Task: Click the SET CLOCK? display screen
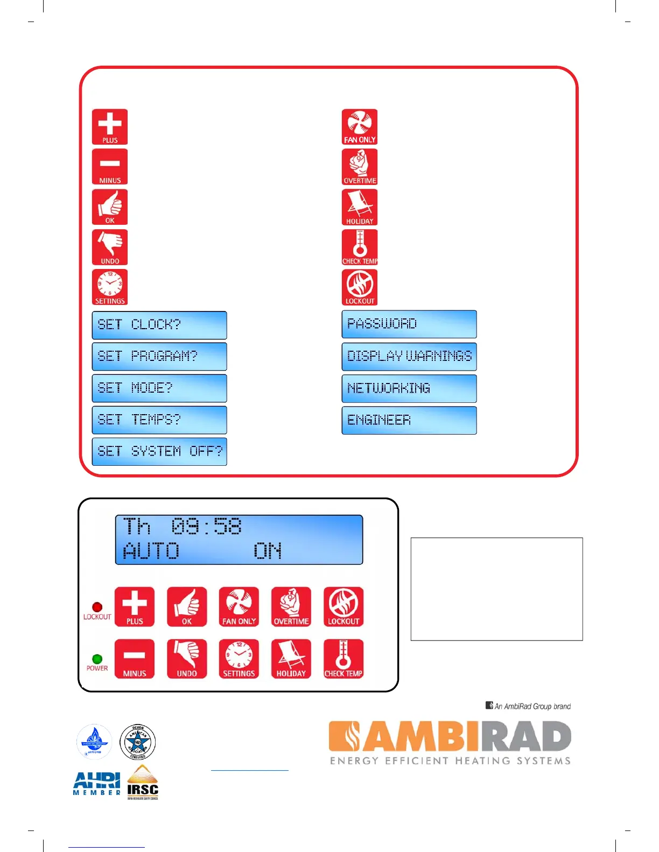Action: pyautogui.click(x=159, y=325)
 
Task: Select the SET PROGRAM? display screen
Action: pyautogui.click(x=159, y=357)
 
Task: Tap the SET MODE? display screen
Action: pyautogui.click(x=159, y=388)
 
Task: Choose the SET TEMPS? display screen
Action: pyautogui.click(x=159, y=420)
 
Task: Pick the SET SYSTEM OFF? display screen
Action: pyautogui.click(x=159, y=452)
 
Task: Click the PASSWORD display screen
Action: pyautogui.click(x=409, y=324)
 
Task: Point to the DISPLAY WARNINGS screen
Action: pyautogui.click(x=409, y=357)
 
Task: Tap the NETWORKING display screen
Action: pyautogui.click(x=409, y=388)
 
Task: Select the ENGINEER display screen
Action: pyautogui.click(x=409, y=420)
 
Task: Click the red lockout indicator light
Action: pyautogui.click(x=97, y=607)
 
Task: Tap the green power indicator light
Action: pyautogui.click(x=97, y=659)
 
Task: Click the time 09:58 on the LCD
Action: pyautogui.click(x=207, y=526)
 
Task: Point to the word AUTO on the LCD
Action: pyautogui.click(x=151, y=551)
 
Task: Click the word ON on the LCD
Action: pyautogui.click(x=268, y=551)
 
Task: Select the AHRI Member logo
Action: pyautogui.click(x=97, y=784)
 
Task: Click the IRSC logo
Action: pyautogui.click(x=143, y=784)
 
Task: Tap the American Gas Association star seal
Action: pyautogui.click(x=138, y=742)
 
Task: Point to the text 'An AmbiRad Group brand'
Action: pyautogui.click(x=528, y=706)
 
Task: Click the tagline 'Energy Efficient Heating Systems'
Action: pyautogui.click(x=450, y=761)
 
